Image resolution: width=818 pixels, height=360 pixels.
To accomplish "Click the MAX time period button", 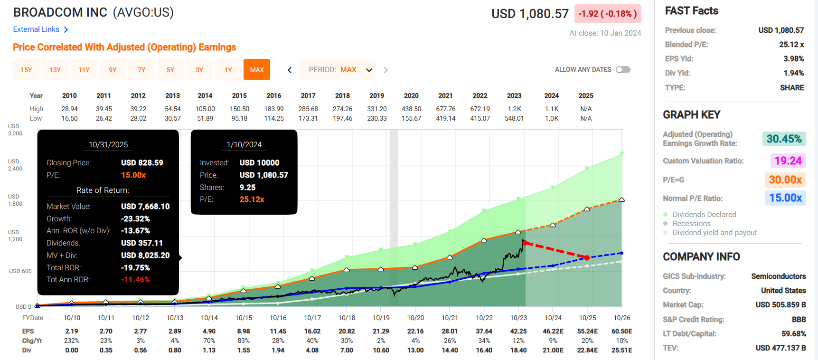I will tap(257, 70).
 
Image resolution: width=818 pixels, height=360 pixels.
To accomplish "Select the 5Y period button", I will tap(170, 70).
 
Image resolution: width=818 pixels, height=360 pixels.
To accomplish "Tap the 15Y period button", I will tap(26, 70).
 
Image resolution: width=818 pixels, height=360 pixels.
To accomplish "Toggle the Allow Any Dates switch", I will tap(623, 70).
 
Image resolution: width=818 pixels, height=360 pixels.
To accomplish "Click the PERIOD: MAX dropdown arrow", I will tap(369, 70).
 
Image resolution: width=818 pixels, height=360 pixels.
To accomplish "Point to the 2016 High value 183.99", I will tap(274, 109).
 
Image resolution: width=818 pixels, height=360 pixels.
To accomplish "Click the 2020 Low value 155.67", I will tap(411, 118).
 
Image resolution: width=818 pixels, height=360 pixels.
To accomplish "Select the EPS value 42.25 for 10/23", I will tap(518, 331).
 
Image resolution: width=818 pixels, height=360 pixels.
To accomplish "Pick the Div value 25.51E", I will tap(622, 350).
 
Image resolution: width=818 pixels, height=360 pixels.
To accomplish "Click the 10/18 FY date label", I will tap(347, 318).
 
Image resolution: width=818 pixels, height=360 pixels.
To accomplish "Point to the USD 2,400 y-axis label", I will tap(15, 165).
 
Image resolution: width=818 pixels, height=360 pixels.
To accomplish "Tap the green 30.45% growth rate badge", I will tap(784, 139).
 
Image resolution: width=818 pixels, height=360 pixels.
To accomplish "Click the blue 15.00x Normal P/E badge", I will tap(785, 198).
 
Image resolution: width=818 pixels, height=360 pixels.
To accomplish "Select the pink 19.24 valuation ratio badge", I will tap(788, 161).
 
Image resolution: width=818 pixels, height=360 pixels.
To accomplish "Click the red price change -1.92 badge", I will tap(608, 14).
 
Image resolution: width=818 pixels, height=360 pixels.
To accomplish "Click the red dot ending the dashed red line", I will tap(587, 257).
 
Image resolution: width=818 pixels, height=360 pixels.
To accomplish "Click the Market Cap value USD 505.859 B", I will tap(780, 304).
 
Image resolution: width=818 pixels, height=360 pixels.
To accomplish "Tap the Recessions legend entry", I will tap(691, 224).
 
